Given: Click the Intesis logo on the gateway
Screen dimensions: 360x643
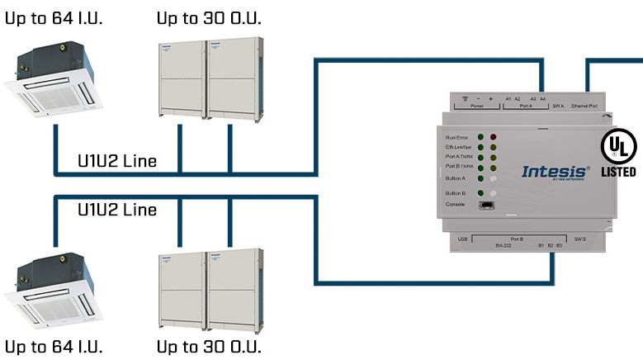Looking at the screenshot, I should pyautogui.click(x=555, y=173).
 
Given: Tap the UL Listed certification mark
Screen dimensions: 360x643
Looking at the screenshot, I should pyautogui.click(x=618, y=154).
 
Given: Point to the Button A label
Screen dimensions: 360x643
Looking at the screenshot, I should pyautogui.click(x=455, y=178).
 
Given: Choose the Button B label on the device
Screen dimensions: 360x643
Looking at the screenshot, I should pyautogui.click(x=455, y=193).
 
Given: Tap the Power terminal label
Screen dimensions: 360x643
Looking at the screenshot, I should pyautogui.click(x=476, y=106).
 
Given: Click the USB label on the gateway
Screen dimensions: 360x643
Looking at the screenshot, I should pyautogui.click(x=464, y=239).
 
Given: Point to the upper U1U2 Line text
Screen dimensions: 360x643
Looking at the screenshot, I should pyautogui.click(x=116, y=161).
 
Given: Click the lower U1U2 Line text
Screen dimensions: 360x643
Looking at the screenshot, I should pyautogui.click(x=116, y=210).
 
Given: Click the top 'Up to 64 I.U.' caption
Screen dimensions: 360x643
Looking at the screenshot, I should pyautogui.click(x=54, y=17).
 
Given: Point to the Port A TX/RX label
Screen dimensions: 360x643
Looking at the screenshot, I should pyautogui.click(x=458, y=156).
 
